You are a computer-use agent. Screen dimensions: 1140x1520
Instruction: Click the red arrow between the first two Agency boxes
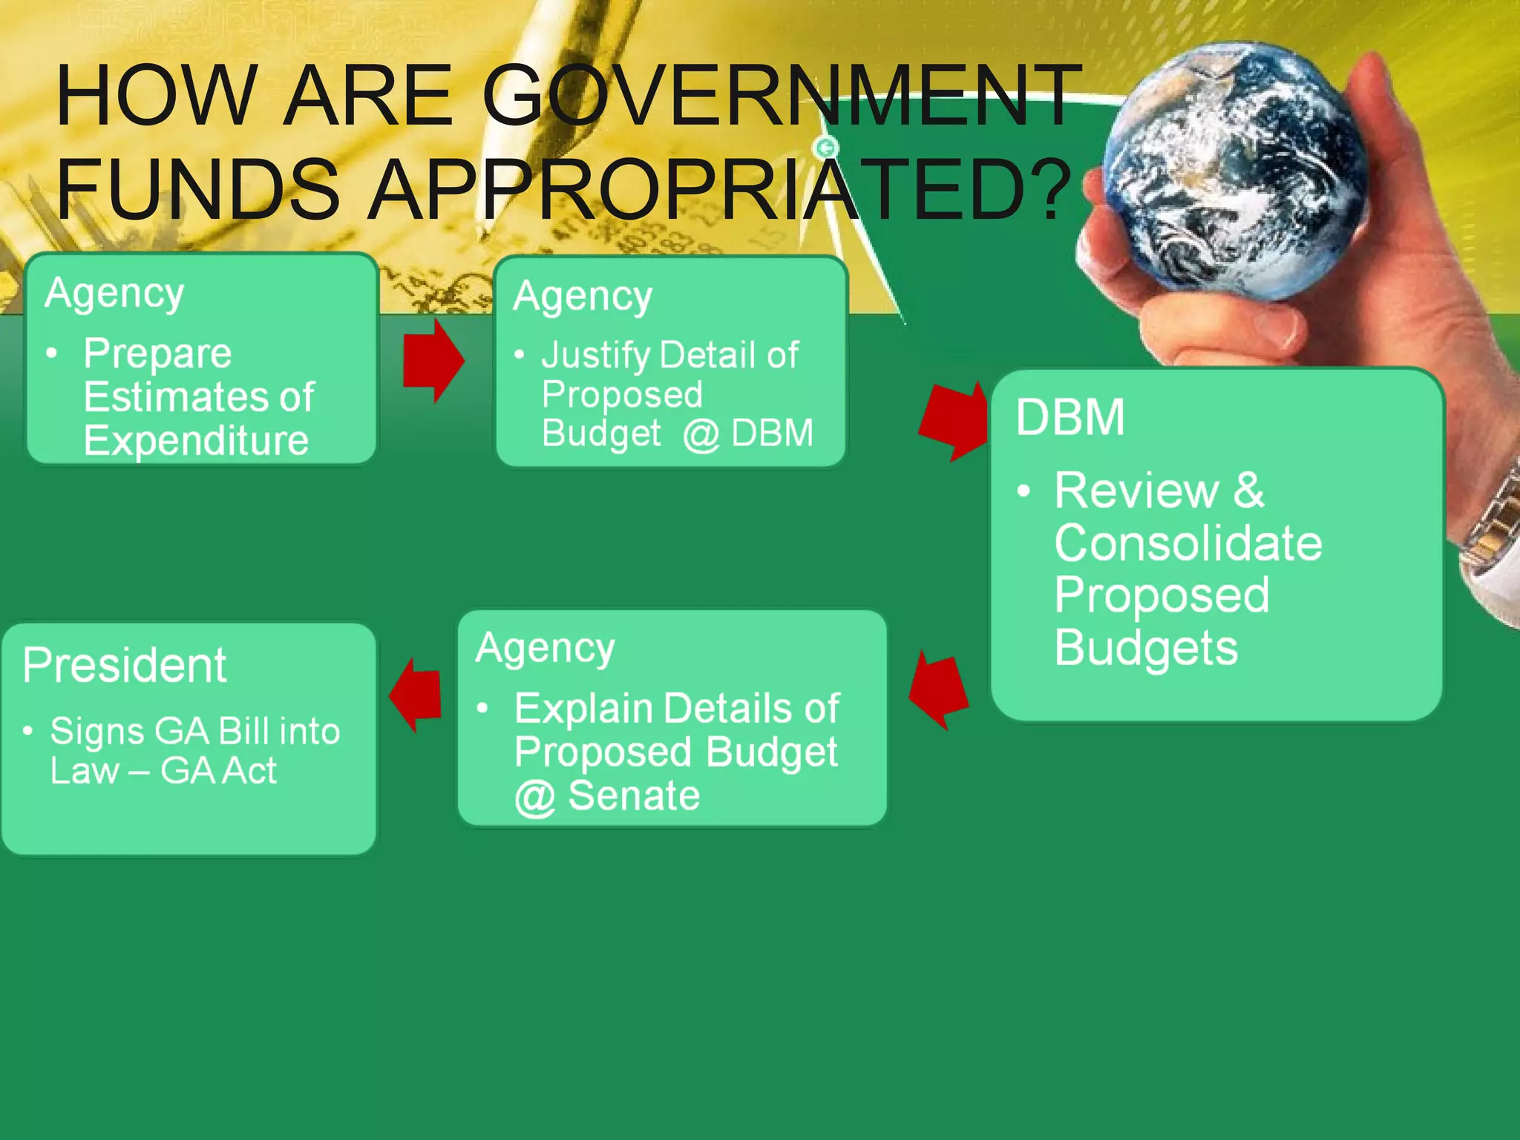[x=433, y=361]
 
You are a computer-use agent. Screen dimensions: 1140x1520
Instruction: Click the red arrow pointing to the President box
[x=416, y=695]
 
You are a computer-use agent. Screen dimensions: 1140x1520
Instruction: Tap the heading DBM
[x=1069, y=417]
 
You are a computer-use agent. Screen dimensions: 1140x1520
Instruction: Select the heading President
[x=124, y=665]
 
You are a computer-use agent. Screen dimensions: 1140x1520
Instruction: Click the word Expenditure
[x=196, y=441]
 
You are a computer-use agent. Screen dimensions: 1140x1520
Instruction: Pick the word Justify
[x=595, y=356]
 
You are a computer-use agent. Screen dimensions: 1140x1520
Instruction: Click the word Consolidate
[x=1187, y=543]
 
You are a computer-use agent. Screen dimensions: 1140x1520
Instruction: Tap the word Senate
[x=633, y=796]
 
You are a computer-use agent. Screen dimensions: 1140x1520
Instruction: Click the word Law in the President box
[x=84, y=771]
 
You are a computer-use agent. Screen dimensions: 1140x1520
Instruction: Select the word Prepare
[x=157, y=353]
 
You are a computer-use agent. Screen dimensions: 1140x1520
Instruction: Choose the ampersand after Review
[x=1249, y=491]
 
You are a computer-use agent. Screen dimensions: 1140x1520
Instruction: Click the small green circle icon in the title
[x=826, y=148]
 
